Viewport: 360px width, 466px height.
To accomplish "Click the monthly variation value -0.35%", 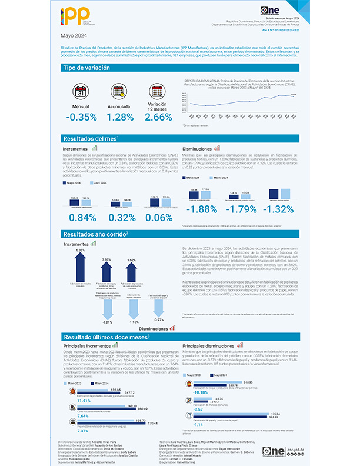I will (x=81, y=117).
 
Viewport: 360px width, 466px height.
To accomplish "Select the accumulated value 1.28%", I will (x=122, y=117).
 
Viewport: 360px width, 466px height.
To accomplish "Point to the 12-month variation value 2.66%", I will (x=158, y=117).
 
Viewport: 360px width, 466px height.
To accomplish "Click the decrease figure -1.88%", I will (x=201, y=210).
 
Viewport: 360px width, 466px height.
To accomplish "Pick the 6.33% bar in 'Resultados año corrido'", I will (x=81, y=266).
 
